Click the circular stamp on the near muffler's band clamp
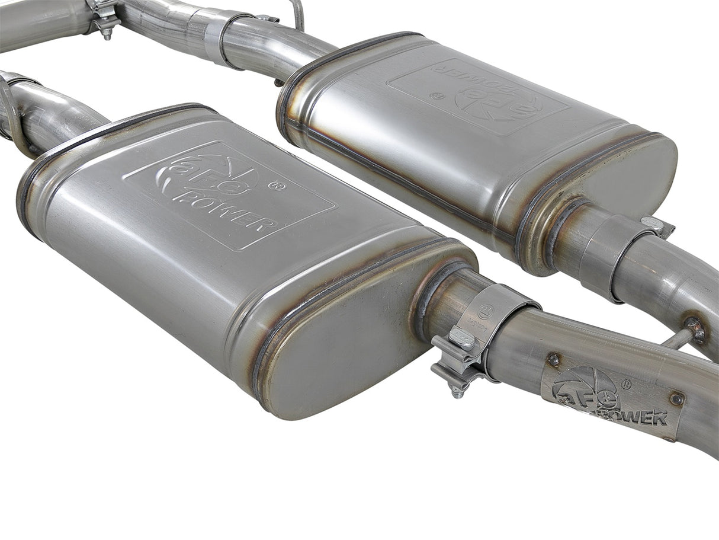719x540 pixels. [x=486, y=309]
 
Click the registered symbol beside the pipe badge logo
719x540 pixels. [x=627, y=385]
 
